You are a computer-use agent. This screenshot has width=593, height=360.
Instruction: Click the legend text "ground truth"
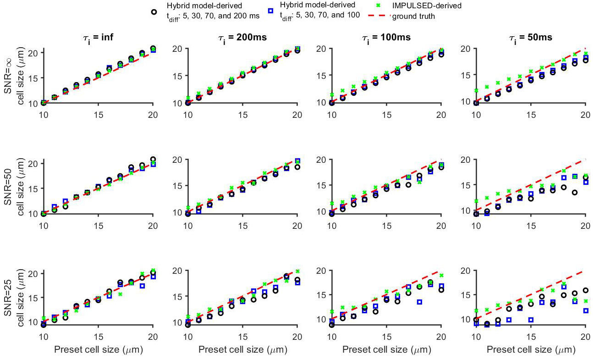(412, 16)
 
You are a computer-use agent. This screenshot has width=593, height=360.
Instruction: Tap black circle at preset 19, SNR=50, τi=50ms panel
(574, 193)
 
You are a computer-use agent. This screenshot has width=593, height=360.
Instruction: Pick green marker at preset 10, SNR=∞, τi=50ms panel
(476, 91)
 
